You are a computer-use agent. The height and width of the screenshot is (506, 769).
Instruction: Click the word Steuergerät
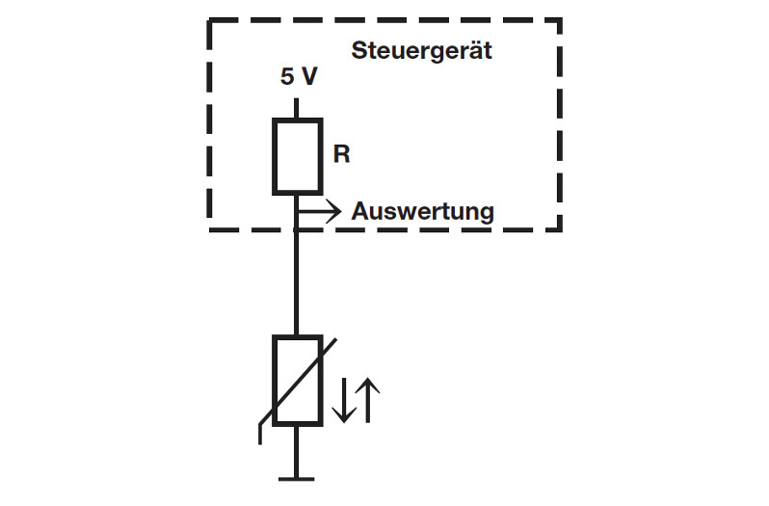[421, 51]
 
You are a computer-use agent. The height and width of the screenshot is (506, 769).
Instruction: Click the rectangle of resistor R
[297, 156]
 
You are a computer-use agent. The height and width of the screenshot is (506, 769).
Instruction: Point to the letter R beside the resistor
[341, 154]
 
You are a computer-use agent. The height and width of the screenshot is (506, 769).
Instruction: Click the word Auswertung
[422, 211]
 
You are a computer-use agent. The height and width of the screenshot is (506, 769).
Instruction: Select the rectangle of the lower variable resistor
[297, 381]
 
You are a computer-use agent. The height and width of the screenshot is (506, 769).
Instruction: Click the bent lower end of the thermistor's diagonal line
[260, 435]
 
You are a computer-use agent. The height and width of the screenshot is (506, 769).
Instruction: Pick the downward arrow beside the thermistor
[341, 400]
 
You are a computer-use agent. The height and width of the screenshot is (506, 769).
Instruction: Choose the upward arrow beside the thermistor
[370, 400]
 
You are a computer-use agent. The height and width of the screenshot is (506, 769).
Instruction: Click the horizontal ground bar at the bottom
[297, 477]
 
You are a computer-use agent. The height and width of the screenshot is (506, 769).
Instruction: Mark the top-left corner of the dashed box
[210, 19]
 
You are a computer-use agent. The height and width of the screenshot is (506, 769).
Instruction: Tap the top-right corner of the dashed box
[560, 19]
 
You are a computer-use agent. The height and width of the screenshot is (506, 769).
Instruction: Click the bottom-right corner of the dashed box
[560, 229]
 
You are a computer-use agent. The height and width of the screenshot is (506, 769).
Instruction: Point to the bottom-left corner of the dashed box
[210, 229]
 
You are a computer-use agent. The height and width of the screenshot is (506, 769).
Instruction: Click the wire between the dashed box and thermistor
[297, 284]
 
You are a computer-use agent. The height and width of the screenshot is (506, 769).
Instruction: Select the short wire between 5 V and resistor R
[297, 106]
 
